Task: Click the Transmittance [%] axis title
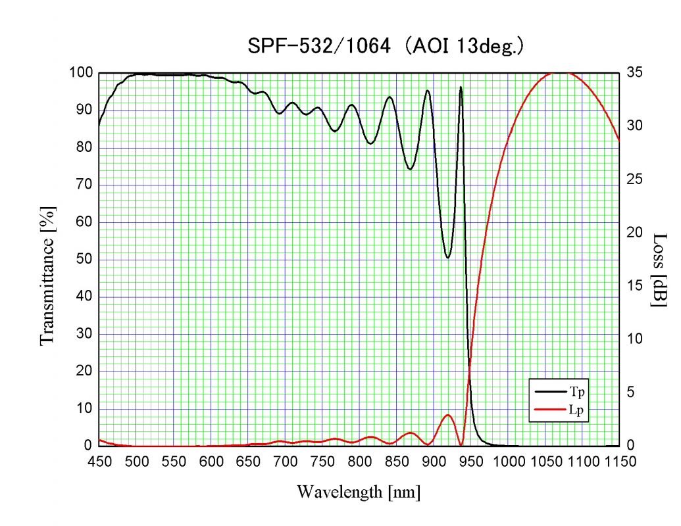47,275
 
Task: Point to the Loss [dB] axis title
659,270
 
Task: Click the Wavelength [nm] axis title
359,491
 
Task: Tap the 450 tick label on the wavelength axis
99,462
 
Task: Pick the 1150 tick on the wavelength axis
619,462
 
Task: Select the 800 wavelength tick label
359,462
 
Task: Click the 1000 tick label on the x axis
508,462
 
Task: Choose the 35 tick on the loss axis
635,72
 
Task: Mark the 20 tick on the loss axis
635,232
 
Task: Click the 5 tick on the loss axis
632,393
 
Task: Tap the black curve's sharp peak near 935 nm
461,87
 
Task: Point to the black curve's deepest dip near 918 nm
448,257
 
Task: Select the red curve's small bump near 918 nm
448,415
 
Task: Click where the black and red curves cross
469,373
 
